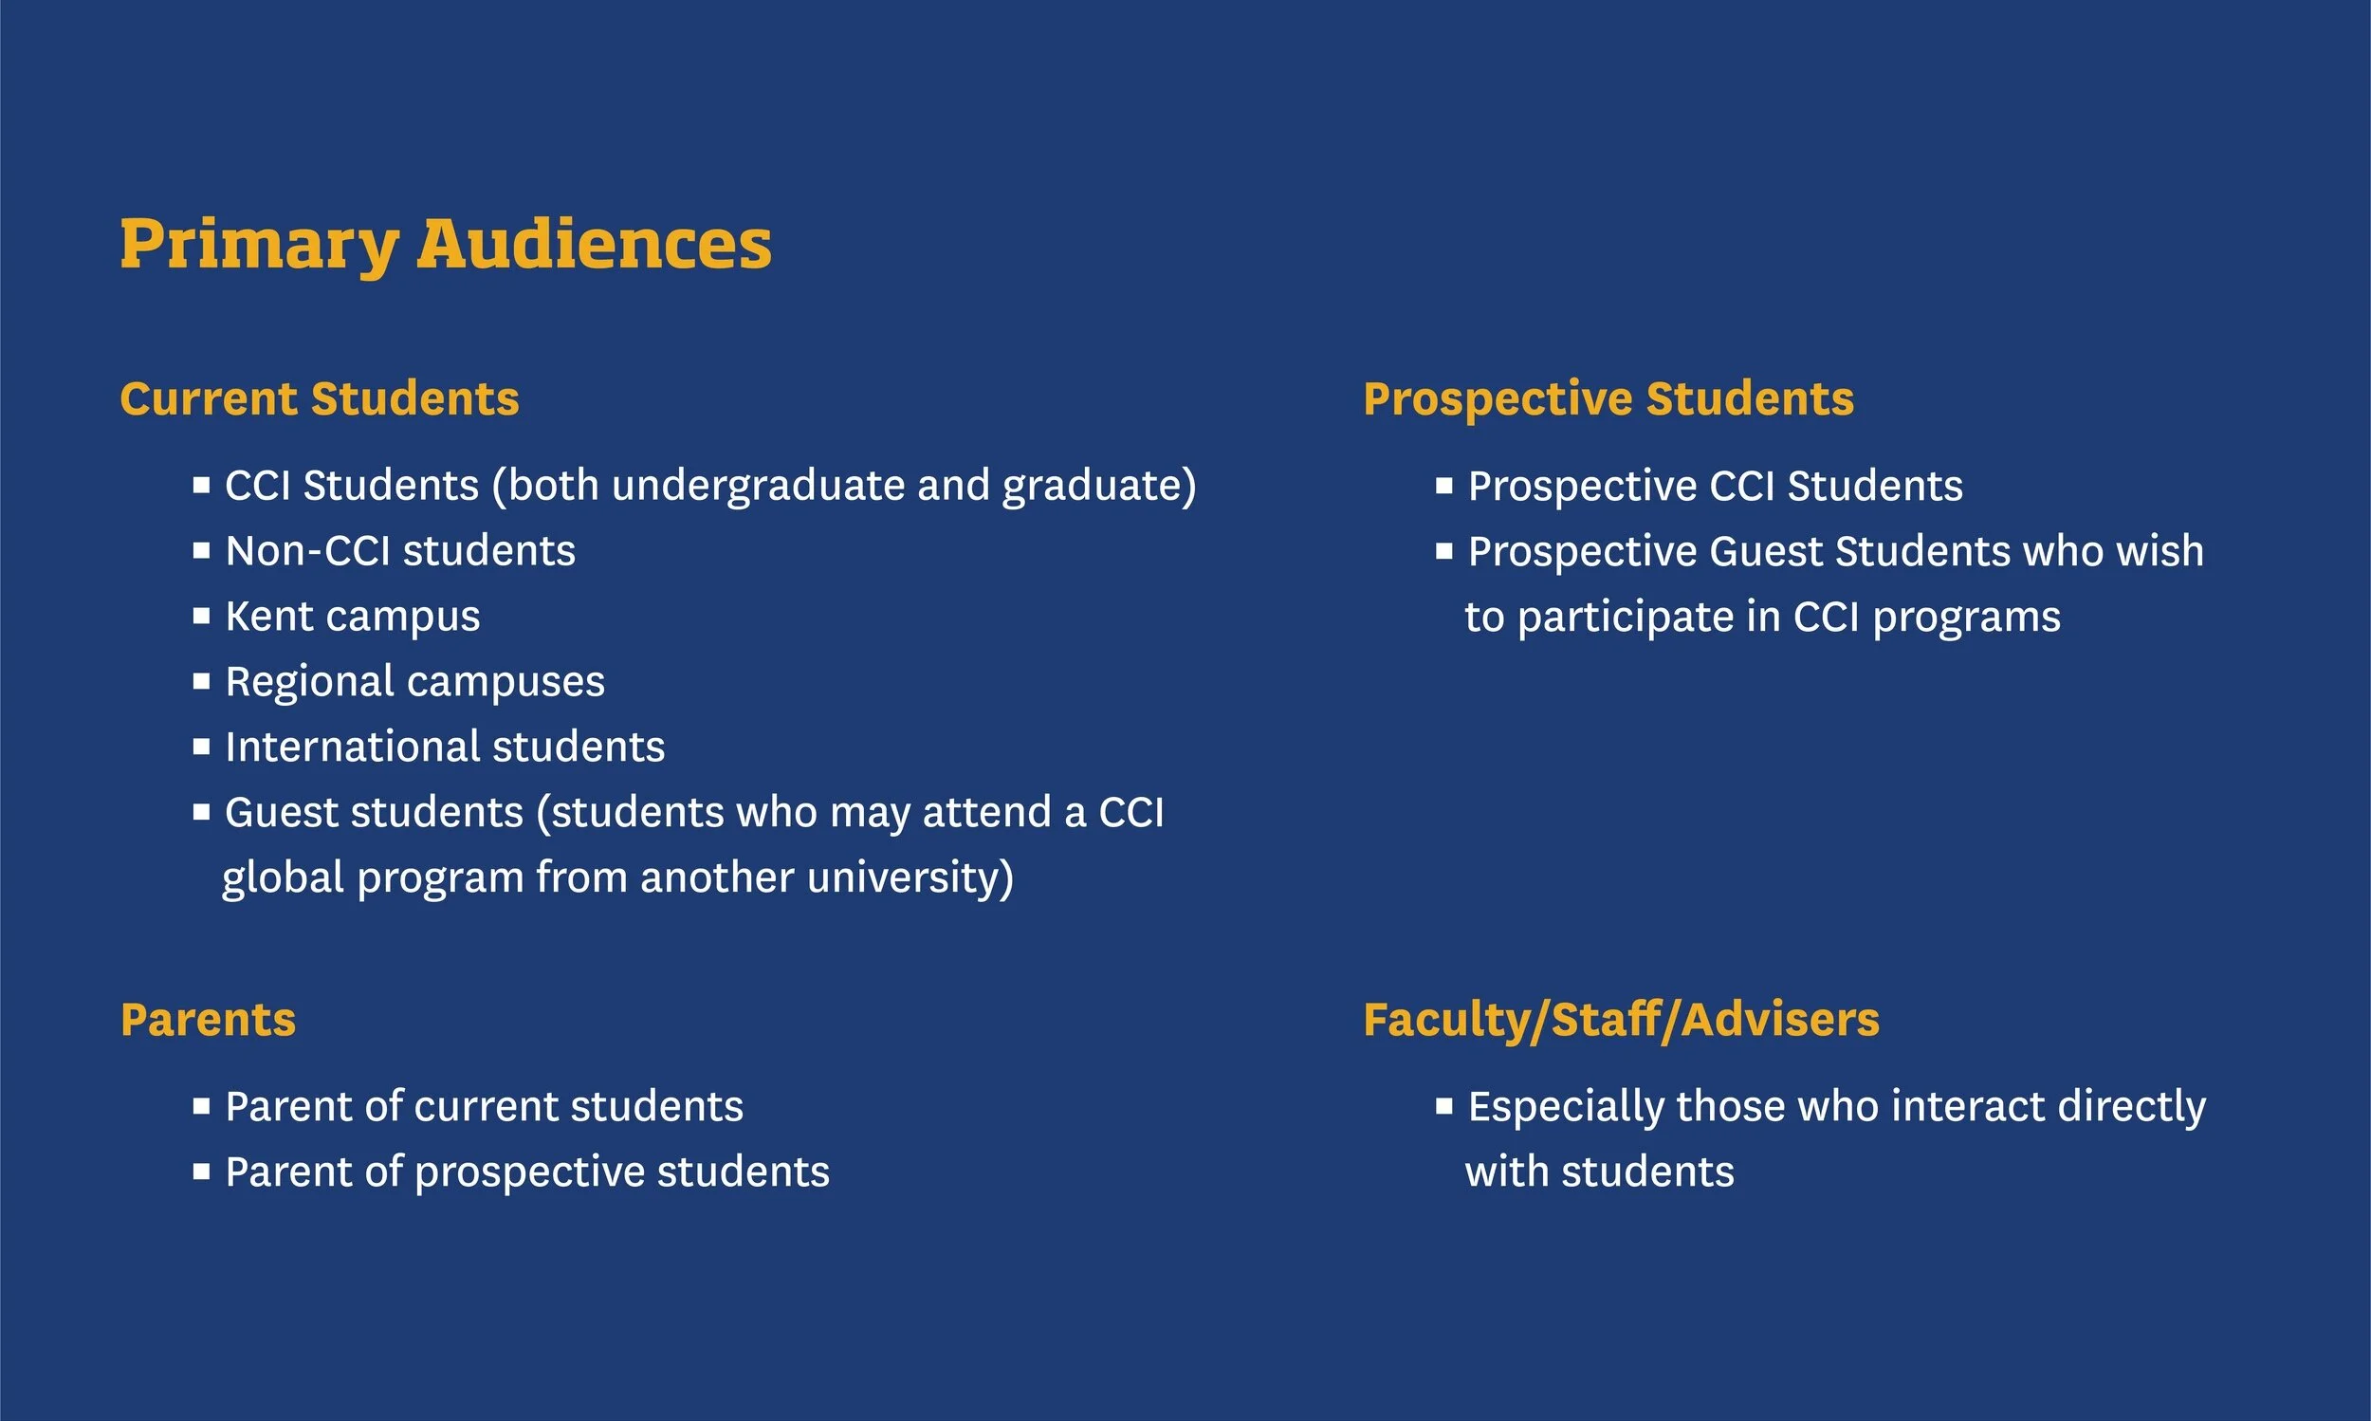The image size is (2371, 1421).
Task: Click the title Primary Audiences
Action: [x=445, y=244]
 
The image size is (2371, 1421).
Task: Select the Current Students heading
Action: [x=320, y=398]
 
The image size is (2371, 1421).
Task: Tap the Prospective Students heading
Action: [x=1608, y=398]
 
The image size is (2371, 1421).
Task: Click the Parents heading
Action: [x=208, y=1019]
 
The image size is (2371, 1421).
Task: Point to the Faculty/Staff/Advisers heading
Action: [x=1621, y=1019]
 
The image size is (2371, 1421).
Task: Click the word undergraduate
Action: [x=758, y=486]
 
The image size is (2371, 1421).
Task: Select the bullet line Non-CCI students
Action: [x=400, y=550]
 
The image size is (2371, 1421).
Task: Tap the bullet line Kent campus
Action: [x=352, y=617]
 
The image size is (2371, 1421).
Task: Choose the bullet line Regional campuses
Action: [x=414, y=682]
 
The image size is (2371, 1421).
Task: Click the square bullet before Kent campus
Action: [x=201, y=616]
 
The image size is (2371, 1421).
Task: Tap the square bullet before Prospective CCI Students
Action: [x=1444, y=486]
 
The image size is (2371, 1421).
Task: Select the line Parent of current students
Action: [x=484, y=1107]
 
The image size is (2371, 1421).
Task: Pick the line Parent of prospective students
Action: [x=526, y=1172]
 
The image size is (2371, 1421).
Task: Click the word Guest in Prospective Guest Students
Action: [x=1765, y=551]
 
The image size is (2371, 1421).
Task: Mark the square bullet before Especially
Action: [x=1444, y=1106]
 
